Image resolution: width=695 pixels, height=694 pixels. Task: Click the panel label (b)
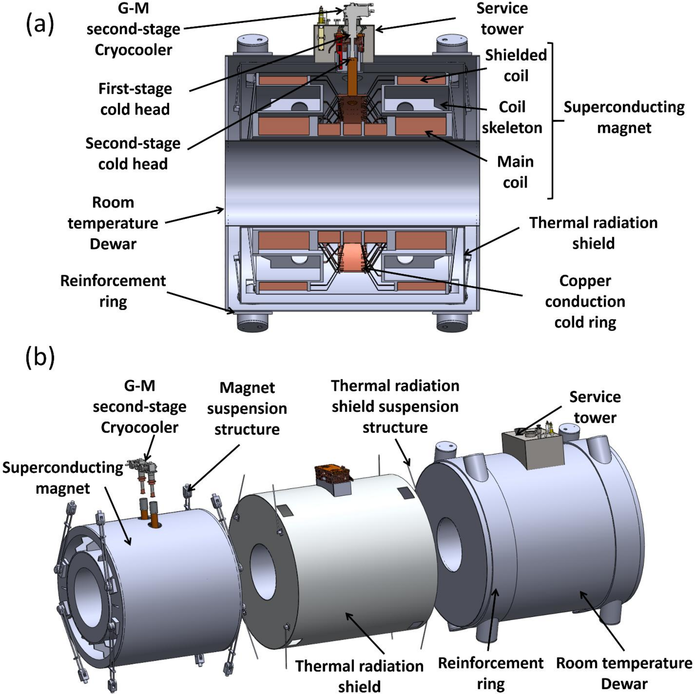40,358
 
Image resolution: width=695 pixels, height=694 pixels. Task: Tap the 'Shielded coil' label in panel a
515,65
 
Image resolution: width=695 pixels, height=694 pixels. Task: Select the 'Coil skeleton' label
512,117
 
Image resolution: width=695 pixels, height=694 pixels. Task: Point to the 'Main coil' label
515,172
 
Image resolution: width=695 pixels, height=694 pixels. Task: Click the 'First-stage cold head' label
135,99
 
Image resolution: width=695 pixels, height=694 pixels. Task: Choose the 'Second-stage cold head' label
133,154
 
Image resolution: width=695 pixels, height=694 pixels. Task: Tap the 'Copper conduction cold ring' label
585,301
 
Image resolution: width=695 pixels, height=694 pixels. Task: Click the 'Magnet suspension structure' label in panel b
247,408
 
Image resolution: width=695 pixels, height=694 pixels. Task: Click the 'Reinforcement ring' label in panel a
113,291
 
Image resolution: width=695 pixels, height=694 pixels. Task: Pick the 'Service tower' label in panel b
595,407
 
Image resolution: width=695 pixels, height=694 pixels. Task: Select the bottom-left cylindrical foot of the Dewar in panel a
253,321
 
